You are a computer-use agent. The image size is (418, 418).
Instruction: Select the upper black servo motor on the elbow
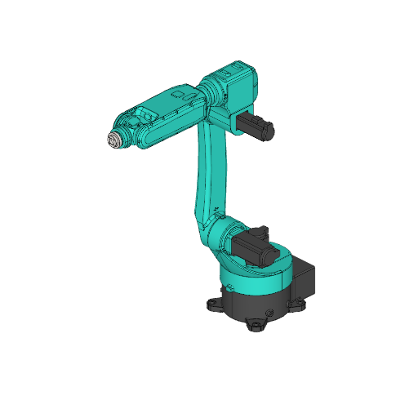click(255, 126)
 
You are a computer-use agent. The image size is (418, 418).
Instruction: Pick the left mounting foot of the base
click(214, 304)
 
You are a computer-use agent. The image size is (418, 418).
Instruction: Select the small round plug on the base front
click(268, 313)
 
